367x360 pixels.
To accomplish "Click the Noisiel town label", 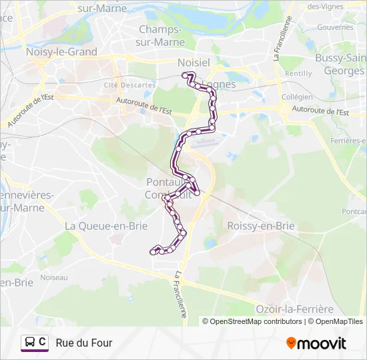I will (x=194, y=62).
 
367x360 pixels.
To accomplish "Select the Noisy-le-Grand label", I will (x=61, y=51).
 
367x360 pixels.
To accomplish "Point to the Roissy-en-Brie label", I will (x=261, y=225).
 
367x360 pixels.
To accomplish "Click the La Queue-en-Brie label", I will (x=106, y=225).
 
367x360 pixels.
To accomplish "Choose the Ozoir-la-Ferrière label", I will (x=294, y=309).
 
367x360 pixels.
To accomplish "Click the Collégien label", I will (x=297, y=97).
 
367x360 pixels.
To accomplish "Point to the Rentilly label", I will (x=298, y=73).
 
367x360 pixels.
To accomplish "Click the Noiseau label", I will (x=53, y=277).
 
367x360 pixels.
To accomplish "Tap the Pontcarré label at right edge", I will (x=354, y=211).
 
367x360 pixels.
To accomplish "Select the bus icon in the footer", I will (x=30, y=343).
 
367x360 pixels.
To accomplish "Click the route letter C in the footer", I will (x=43, y=342).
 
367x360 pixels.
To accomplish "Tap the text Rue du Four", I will (x=84, y=343).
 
